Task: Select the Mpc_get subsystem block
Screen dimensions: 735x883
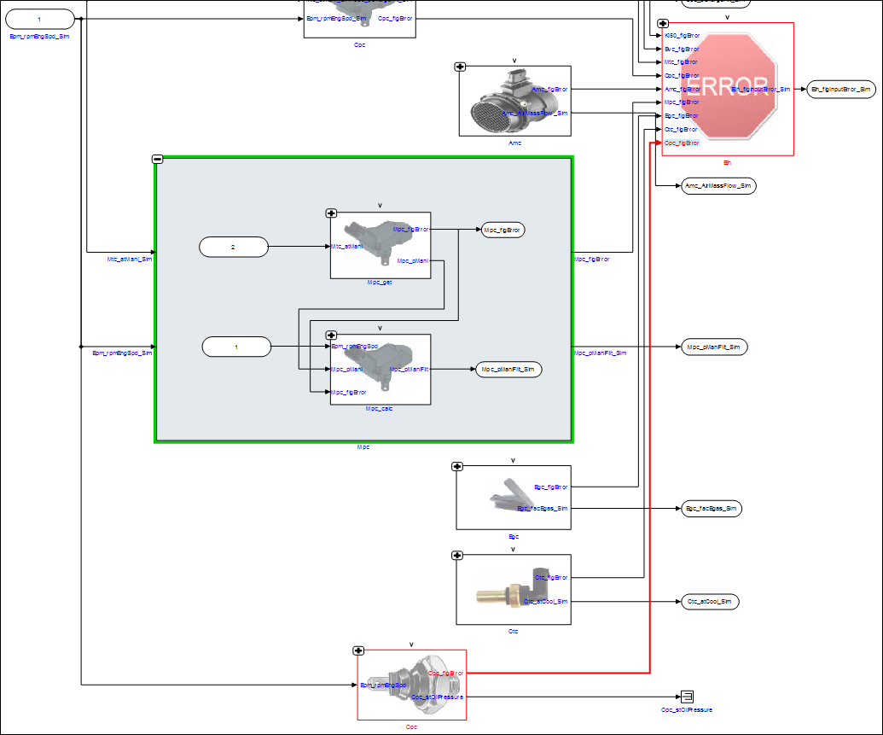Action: click(x=381, y=245)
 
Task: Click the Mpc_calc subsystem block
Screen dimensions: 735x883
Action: click(x=381, y=369)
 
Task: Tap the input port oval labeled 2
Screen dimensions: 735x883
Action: click(x=233, y=248)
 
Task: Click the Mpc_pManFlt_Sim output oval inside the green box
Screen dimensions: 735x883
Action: click(x=508, y=369)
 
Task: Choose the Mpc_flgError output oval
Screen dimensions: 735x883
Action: click(x=502, y=230)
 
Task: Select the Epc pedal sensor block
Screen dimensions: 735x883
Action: click(x=513, y=498)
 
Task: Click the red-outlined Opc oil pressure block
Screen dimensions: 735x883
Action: click(x=412, y=685)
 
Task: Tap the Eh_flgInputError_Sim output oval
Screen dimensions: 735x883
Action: click(x=840, y=89)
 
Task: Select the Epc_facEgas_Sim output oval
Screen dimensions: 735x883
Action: click(x=710, y=509)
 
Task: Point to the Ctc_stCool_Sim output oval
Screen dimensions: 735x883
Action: click(x=709, y=602)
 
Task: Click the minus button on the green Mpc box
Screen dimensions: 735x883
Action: click(x=157, y=159)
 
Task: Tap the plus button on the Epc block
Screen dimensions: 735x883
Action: click(x=457, y=466)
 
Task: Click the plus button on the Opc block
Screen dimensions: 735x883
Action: click(x=359, y=650)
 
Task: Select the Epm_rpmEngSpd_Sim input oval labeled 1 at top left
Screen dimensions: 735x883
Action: click(x=38, y=19)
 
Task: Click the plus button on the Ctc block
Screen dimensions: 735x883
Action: click(x=457, y=556)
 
